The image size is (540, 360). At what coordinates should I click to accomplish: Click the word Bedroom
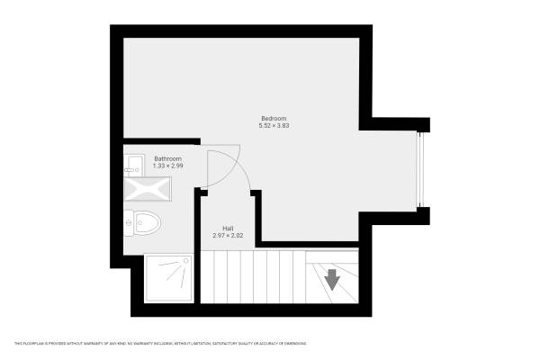point(274,119)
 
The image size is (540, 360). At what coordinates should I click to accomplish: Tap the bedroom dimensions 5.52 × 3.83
point(274,126)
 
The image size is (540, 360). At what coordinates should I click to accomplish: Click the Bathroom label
point(168,158)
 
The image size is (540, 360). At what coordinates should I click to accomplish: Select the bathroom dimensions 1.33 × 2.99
point(168,166)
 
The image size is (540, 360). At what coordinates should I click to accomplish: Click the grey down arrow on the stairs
point(332,280)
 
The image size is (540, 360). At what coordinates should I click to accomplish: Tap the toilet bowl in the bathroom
point(148,221)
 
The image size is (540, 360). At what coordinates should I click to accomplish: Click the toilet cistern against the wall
point(129,221)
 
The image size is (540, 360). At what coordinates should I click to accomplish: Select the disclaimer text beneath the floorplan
point(159,344)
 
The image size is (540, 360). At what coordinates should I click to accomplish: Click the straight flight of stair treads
point(252,280)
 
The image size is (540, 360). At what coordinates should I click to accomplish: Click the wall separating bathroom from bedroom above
point(162,140)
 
